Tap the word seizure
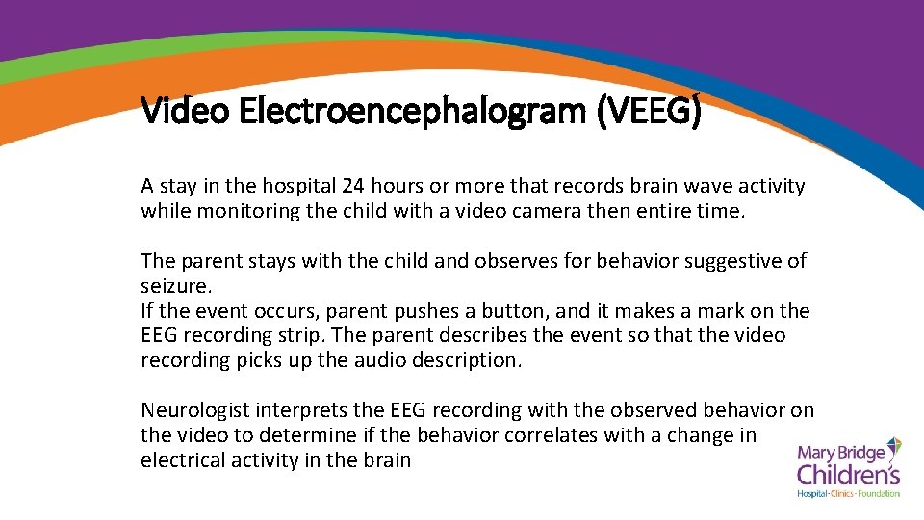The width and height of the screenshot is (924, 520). click(174, 286)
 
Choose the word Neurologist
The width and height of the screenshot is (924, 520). click(195, 410)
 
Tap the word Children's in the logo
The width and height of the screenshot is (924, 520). click(847, 474)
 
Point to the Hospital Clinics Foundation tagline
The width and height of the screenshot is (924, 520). click(848, 494)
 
